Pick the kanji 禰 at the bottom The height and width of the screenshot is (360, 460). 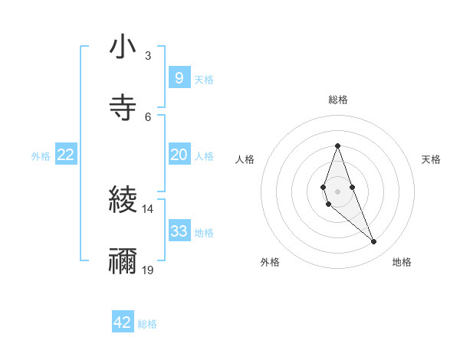(123, 260)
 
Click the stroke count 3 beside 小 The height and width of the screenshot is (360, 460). (147, 55)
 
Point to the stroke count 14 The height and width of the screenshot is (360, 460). (148, 208)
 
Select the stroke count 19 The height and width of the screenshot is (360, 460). (148, 270)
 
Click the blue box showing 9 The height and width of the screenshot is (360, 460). (179, 78)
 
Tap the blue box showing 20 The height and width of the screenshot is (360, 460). (179, 155)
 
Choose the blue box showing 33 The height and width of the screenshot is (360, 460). (179, 231)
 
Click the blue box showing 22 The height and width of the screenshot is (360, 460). (66, 155)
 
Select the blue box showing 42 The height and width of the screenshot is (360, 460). (123, 322)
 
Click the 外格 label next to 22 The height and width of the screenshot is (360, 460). (41, 156)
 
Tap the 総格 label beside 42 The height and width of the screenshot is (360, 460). (147, 324)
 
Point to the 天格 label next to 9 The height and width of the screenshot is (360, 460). (204, 80)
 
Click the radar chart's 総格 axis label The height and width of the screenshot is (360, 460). (338, 100)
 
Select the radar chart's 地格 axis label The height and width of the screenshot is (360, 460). (402, 262)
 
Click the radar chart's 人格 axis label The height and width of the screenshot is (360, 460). (245, 159)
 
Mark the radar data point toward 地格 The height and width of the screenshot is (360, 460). (373, 242)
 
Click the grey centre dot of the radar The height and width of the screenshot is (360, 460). (337, 191)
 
